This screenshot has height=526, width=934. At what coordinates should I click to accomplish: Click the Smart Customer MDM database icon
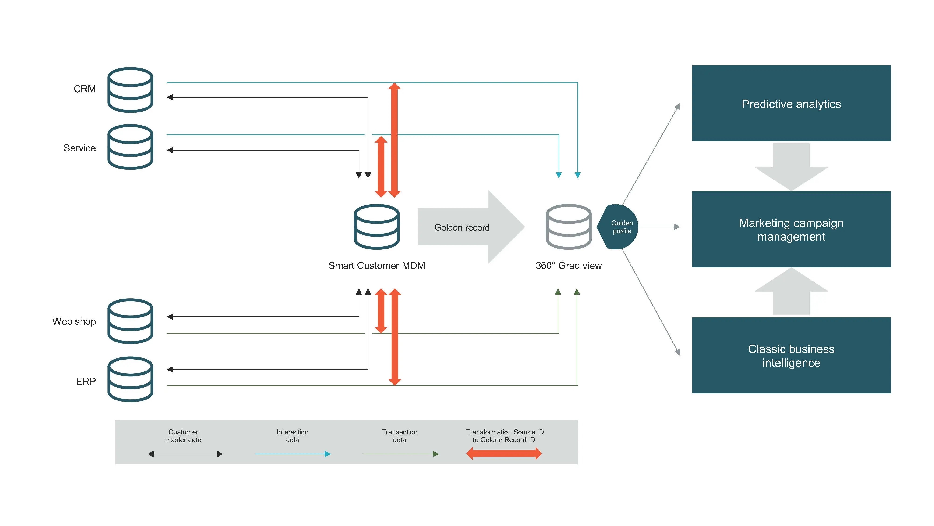376,227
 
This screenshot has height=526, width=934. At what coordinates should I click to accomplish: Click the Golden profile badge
619,227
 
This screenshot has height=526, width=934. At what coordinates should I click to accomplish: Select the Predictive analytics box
791,104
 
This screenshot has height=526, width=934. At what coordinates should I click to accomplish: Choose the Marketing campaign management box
791,229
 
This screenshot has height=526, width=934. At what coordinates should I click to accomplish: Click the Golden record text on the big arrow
462,228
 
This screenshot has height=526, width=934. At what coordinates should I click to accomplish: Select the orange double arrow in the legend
504,453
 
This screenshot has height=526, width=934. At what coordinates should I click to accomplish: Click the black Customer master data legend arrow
185,454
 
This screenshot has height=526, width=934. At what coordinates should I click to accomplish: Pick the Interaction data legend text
292,436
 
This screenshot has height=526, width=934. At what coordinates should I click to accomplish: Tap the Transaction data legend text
399,436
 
